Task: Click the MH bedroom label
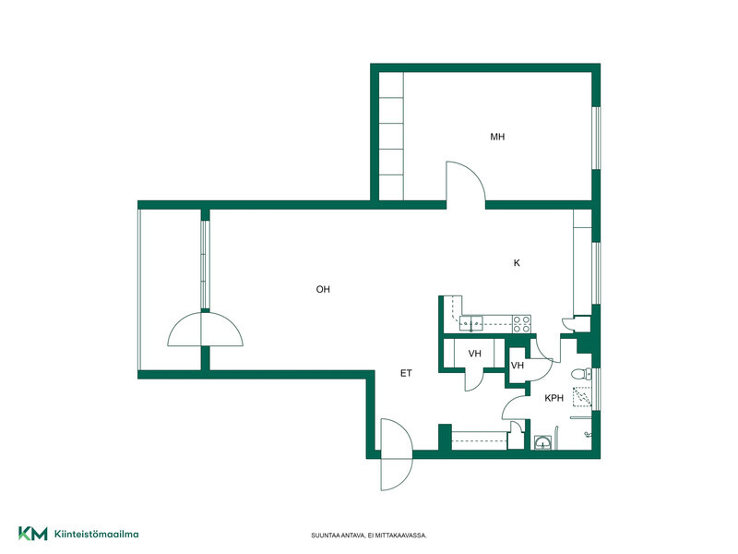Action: (x=497, y=137)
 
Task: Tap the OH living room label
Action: (x=323, y=289)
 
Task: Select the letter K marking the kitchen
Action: (x=517, y=263)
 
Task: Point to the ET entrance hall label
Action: (x=406, y=373)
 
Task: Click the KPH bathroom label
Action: (x=554, y=398)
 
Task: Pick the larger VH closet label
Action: (x=475, y=354)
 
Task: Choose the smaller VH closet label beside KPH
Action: (x=518, y=365)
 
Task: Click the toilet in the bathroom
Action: (x=581, y=374)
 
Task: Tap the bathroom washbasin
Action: (x=543, y=442)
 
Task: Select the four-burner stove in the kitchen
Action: (x=521, y=324)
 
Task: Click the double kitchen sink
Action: (x=471, y=323)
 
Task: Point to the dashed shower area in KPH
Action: (x=582, y=397)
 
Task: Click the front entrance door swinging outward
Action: (x=397, y=454)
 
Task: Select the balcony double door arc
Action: (x=205, y=330)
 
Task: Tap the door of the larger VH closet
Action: (x=474, y=380)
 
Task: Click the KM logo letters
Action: (x=33, y=534)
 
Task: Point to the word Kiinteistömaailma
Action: (x=97, y=534)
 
